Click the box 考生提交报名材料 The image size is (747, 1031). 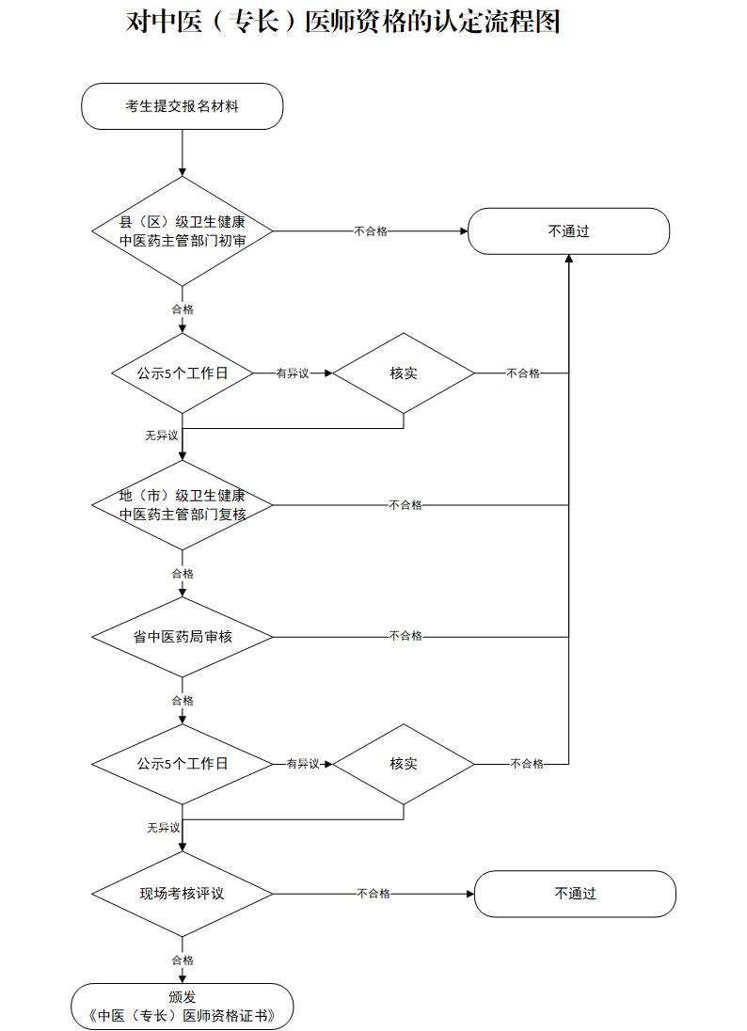pos(183,106)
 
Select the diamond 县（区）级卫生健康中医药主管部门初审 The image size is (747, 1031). pos(183,230)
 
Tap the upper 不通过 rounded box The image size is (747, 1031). pos(568,230)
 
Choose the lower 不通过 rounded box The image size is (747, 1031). pos(574,894)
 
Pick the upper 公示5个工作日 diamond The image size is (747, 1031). pos(183,373)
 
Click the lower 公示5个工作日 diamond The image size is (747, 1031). pos(183,764)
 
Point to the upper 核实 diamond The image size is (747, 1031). pos(404,373)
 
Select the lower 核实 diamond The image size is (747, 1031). pos(404,764)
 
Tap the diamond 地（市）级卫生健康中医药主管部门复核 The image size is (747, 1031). pos(183,505)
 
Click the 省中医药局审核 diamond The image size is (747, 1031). pos(183,637)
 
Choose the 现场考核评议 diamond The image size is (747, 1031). pos(183,894)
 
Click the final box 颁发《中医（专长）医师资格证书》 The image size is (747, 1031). pos(183,1007)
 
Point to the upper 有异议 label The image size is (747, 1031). pos(293,373)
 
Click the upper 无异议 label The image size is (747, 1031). pos(162,436)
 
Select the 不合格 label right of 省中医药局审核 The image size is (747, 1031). pos(405,637)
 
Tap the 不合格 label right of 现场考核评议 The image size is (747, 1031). pos(373,894)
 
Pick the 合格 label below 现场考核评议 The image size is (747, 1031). pos(183,960)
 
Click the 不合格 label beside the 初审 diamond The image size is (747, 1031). pos(371,230)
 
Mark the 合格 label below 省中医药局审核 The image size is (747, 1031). pos(183,701)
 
